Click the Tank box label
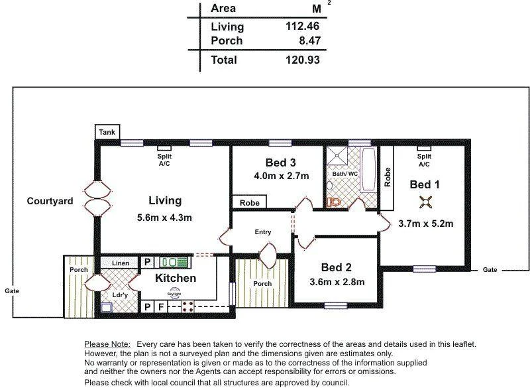click(x=107, y=133)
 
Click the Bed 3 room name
click(x=280, y=162)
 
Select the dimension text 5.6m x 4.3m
click(x=165, y=218)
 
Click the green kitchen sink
click(x=175, y=262)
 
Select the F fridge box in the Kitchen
click(x=161, y=307)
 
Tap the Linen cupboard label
click(x=121, y=263)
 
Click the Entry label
click(x=263, y=232)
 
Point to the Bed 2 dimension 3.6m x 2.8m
click(x=338, y=282)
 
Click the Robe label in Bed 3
click(x=250, y=202)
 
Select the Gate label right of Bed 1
click(x=490, y=270)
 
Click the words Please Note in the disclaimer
click(x=106, y=344)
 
